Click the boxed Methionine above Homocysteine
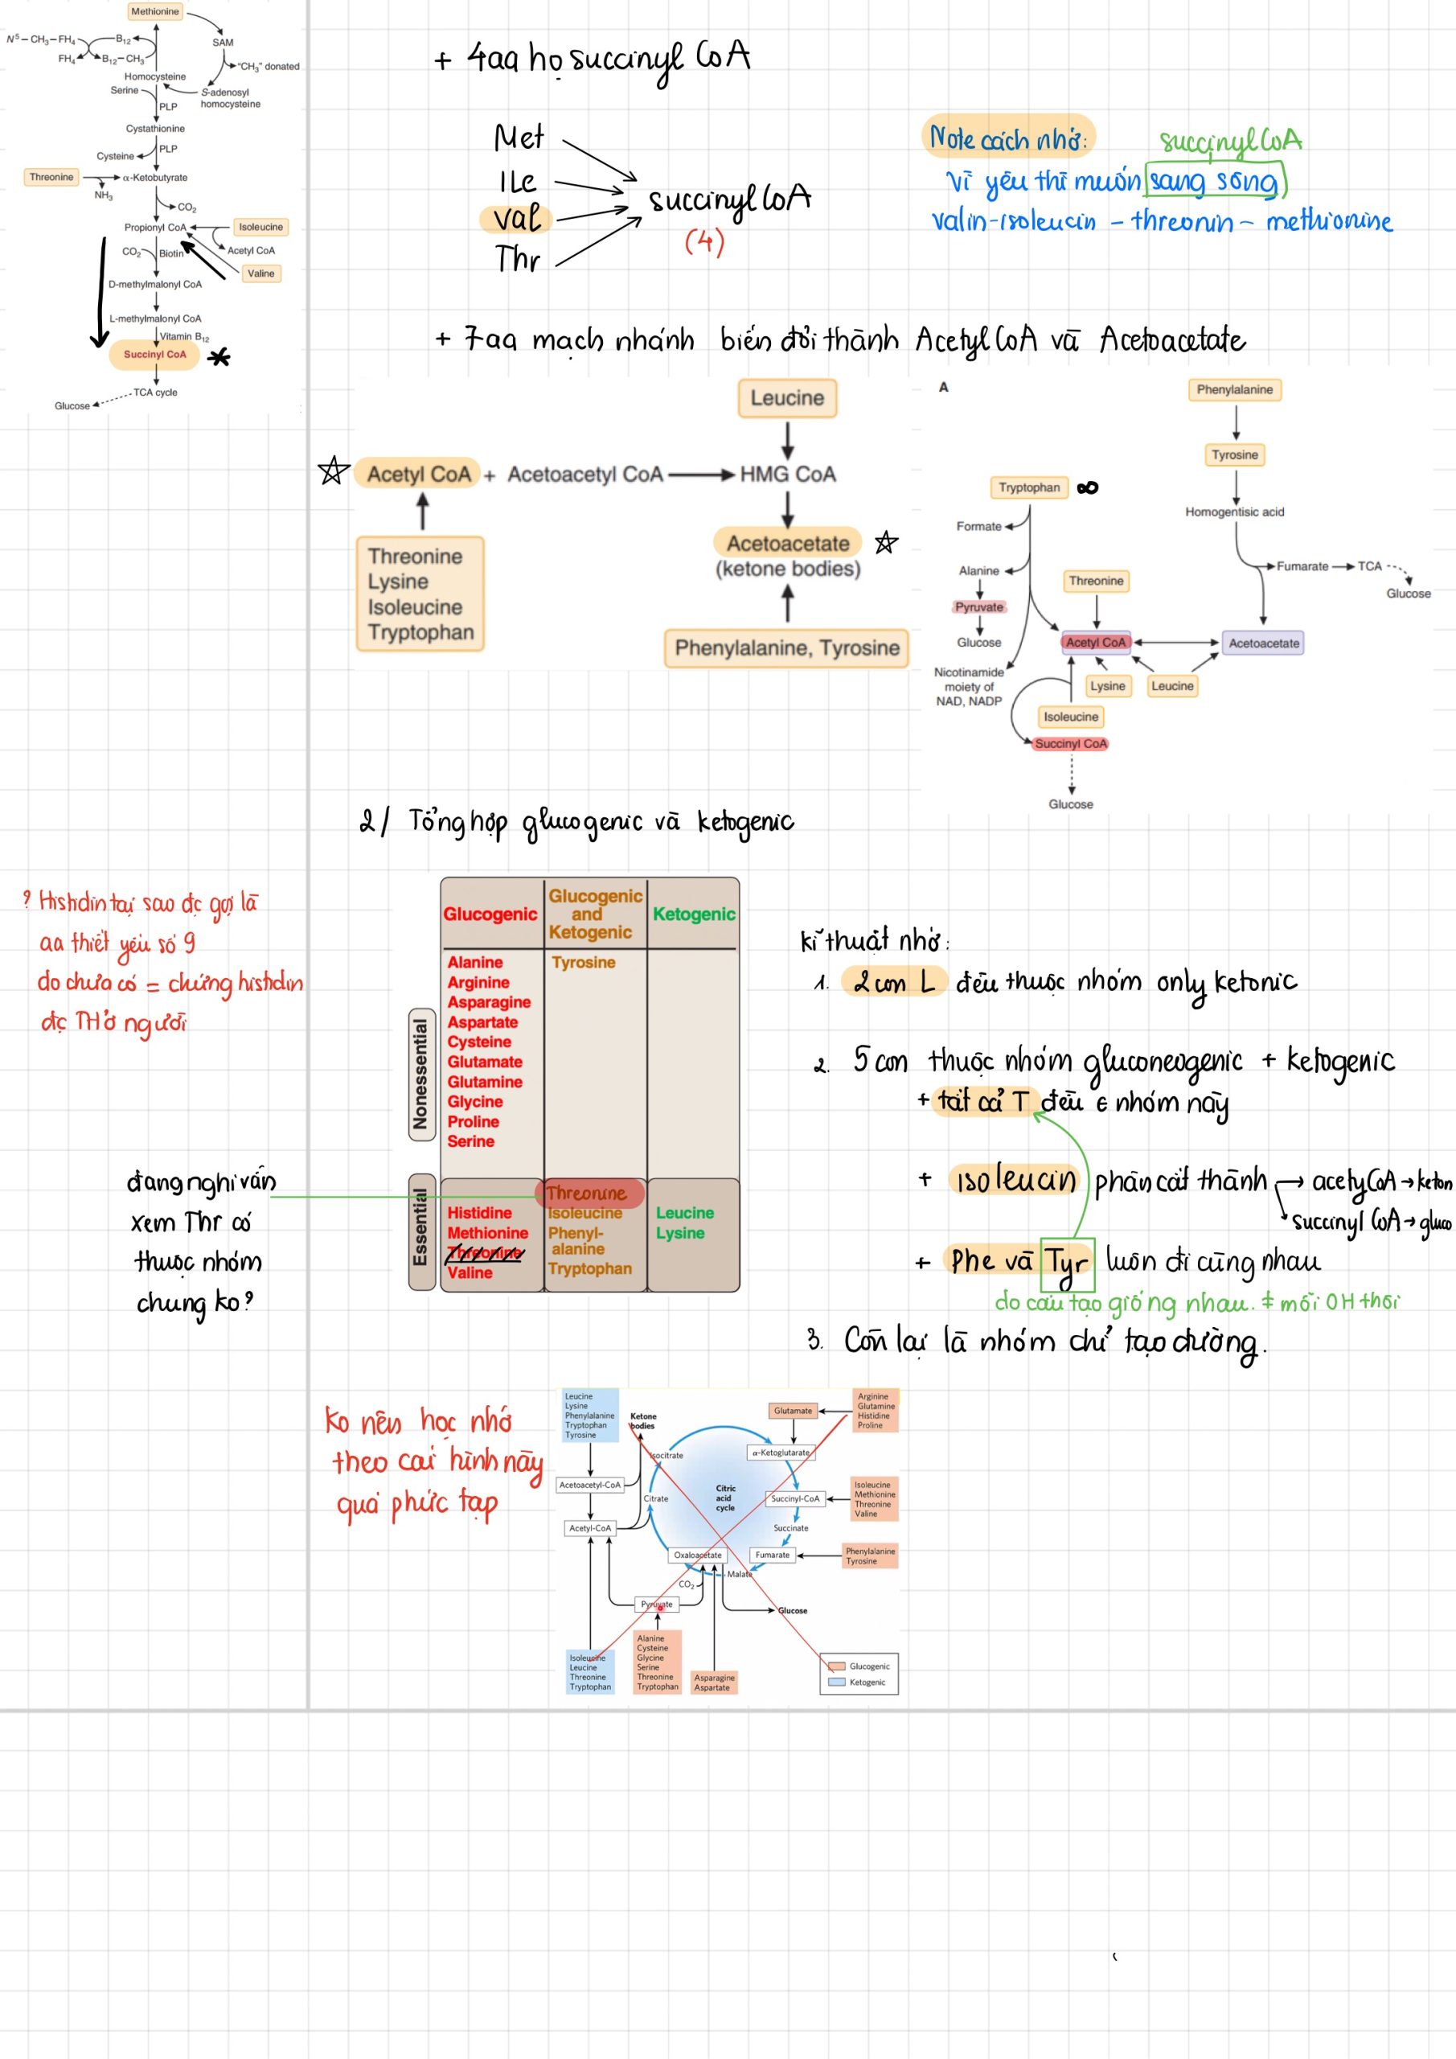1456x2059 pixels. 155,11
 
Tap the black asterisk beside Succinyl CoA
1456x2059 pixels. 219,358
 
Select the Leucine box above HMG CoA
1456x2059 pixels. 786,398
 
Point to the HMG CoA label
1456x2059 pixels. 787,475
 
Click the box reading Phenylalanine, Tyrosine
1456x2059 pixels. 786,647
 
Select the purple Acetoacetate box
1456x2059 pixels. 1263,643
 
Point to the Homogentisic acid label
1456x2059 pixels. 1235,512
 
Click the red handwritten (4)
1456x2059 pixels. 703,241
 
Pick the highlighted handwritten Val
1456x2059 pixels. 517,219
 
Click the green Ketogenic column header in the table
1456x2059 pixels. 693,914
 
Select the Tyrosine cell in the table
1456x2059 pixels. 584,962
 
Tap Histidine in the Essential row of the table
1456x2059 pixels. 480,1212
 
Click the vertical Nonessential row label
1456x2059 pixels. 420,1075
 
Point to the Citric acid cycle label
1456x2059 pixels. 725,1498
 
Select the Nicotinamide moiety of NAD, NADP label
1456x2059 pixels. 968,686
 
